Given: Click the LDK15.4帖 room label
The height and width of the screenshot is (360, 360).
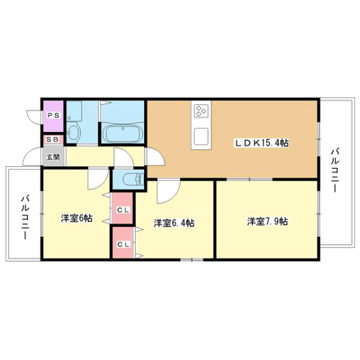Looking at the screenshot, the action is click(261, 143).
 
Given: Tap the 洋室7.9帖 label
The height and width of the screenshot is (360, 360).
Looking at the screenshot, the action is click(267, 221).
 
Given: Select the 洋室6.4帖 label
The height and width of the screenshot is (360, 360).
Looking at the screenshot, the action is click(174, 223).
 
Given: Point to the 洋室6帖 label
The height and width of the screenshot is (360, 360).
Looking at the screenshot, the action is click(77, 218).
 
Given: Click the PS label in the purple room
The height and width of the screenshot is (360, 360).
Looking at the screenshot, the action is click(53, 115).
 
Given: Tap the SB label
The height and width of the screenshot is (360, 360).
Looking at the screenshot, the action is click(53, 139).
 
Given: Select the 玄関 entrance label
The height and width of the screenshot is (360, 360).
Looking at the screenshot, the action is click(53, 157).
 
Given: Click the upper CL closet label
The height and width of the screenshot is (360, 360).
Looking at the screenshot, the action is click(124, 209).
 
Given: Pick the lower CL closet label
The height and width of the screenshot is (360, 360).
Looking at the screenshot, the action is click(124, 245).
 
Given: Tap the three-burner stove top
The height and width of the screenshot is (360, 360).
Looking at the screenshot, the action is click(201, 111).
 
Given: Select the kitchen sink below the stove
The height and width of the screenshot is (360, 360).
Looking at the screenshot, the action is click(201, 137).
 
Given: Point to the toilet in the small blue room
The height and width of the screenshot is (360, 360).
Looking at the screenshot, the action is click(132, 179).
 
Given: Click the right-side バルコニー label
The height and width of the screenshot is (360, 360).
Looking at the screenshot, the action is click(335, 170).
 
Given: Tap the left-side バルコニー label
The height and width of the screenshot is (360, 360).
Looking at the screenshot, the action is click(25, 217).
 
